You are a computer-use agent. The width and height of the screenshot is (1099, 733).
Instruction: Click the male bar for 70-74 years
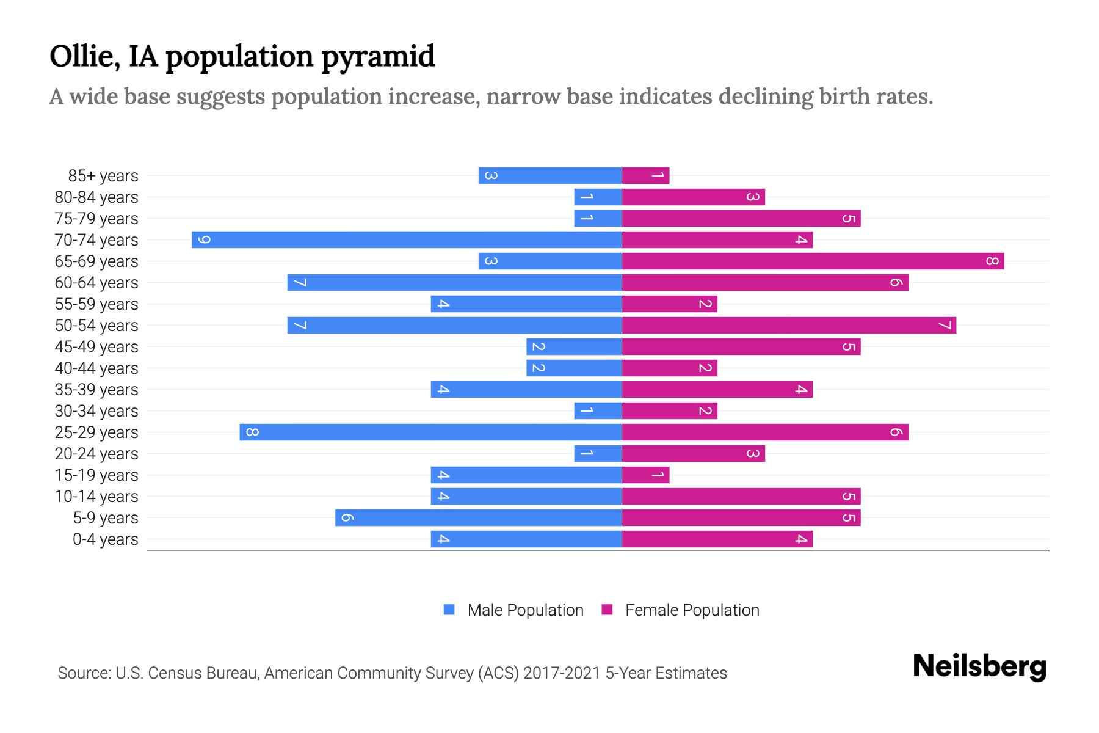coord(407,240)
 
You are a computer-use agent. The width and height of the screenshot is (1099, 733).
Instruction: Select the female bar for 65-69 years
coord(813,261)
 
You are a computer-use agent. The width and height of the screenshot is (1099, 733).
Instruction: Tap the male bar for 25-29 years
coord(430,432)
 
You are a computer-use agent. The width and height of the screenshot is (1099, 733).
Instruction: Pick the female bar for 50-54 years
coord(789,326)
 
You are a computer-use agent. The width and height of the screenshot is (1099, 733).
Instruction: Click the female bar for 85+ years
coord(645,176)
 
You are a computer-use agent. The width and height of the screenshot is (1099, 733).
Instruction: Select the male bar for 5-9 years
coord(478,518)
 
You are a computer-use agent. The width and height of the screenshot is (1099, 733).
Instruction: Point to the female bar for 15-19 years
coord(645,475)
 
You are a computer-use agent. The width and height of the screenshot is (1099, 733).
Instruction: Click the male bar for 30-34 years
coord(598,411)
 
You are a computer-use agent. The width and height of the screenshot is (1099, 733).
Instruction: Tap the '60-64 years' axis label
coord(96,283)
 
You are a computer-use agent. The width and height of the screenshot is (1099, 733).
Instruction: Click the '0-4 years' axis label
coord(105,539)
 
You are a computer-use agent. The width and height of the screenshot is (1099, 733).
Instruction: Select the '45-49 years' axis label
coord(96,347)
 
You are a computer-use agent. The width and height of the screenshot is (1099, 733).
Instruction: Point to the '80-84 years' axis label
coord(96,197)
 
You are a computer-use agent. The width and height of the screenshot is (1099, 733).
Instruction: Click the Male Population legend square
coord(449,610)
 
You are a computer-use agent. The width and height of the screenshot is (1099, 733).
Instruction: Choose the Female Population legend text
coord(692,610)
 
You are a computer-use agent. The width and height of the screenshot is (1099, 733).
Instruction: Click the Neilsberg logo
coord(979,666)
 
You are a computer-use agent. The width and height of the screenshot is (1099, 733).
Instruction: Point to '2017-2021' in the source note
coord(562,673)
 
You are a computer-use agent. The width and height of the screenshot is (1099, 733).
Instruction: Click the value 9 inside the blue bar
coord(204,240)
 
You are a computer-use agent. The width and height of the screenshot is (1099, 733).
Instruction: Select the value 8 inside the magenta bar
coord(992,261)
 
